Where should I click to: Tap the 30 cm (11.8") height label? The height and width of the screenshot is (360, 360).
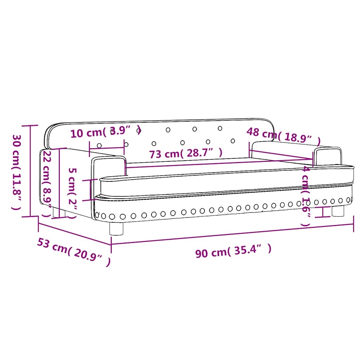(16, 172)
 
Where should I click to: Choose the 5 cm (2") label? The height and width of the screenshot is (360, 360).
(72, 193)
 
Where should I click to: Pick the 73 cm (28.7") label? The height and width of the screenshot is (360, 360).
(186, 154)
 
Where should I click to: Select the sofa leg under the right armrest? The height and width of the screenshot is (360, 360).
(338, 211)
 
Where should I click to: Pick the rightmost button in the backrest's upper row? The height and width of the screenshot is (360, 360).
(220, 128)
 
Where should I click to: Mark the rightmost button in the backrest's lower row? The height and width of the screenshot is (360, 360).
(232, 141)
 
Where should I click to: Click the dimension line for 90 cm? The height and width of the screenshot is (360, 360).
(232, 234)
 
